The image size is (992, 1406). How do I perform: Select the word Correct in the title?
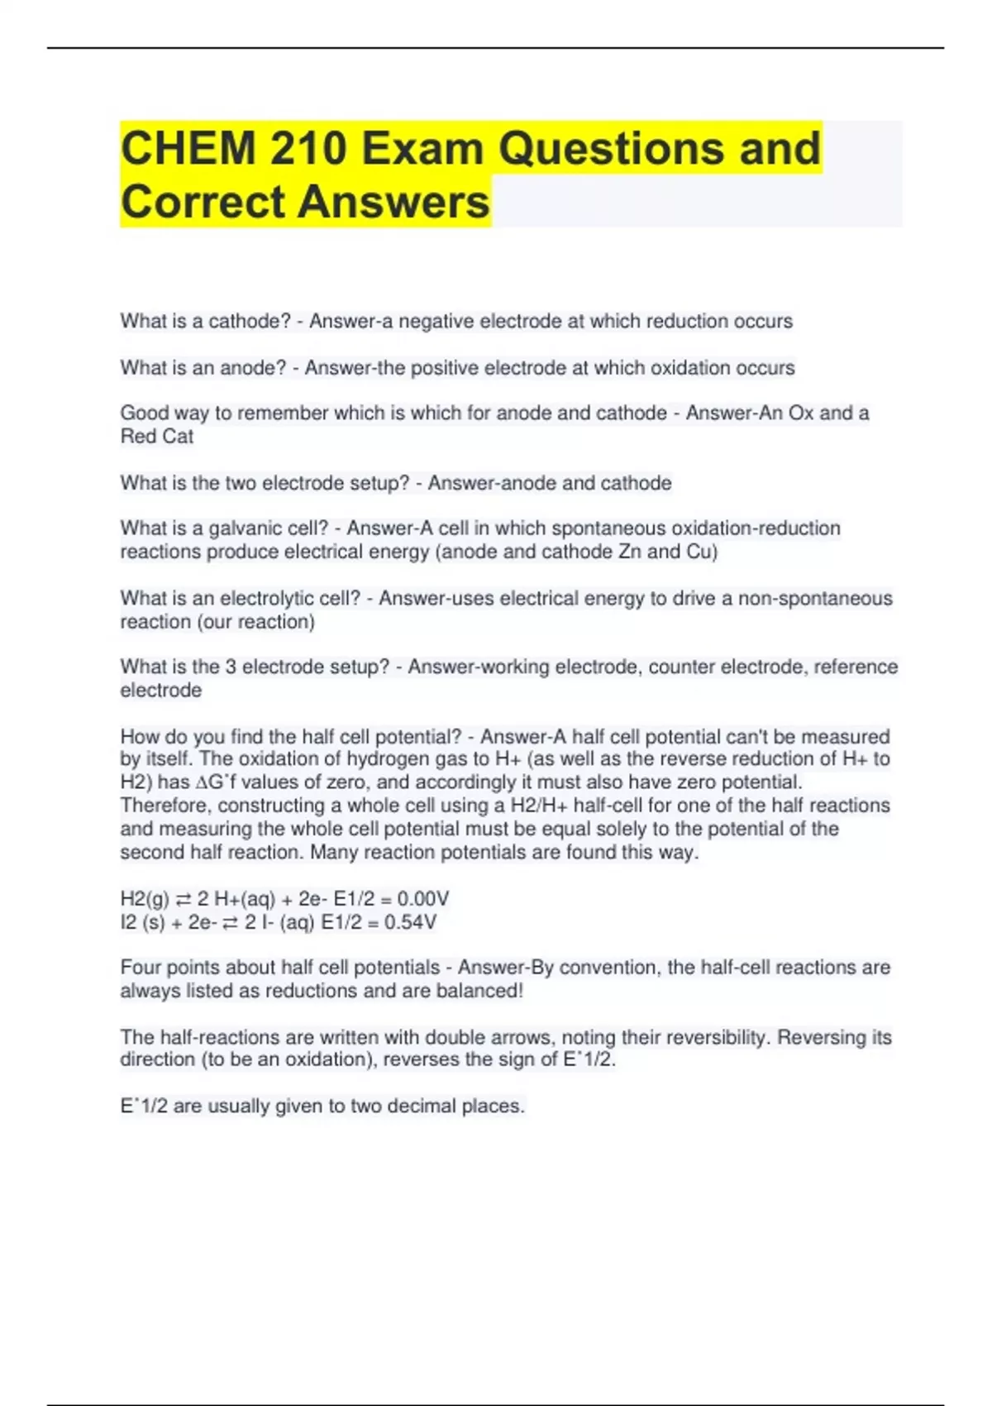coord(202,202)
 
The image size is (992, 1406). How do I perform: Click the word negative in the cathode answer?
coord(436,321)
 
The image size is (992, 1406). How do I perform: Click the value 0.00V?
coord(422,899)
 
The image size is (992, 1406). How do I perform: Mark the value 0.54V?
coord(410,922)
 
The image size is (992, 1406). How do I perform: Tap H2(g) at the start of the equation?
coord(145,899)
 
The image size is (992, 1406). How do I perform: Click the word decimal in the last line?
coord(422,1106)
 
